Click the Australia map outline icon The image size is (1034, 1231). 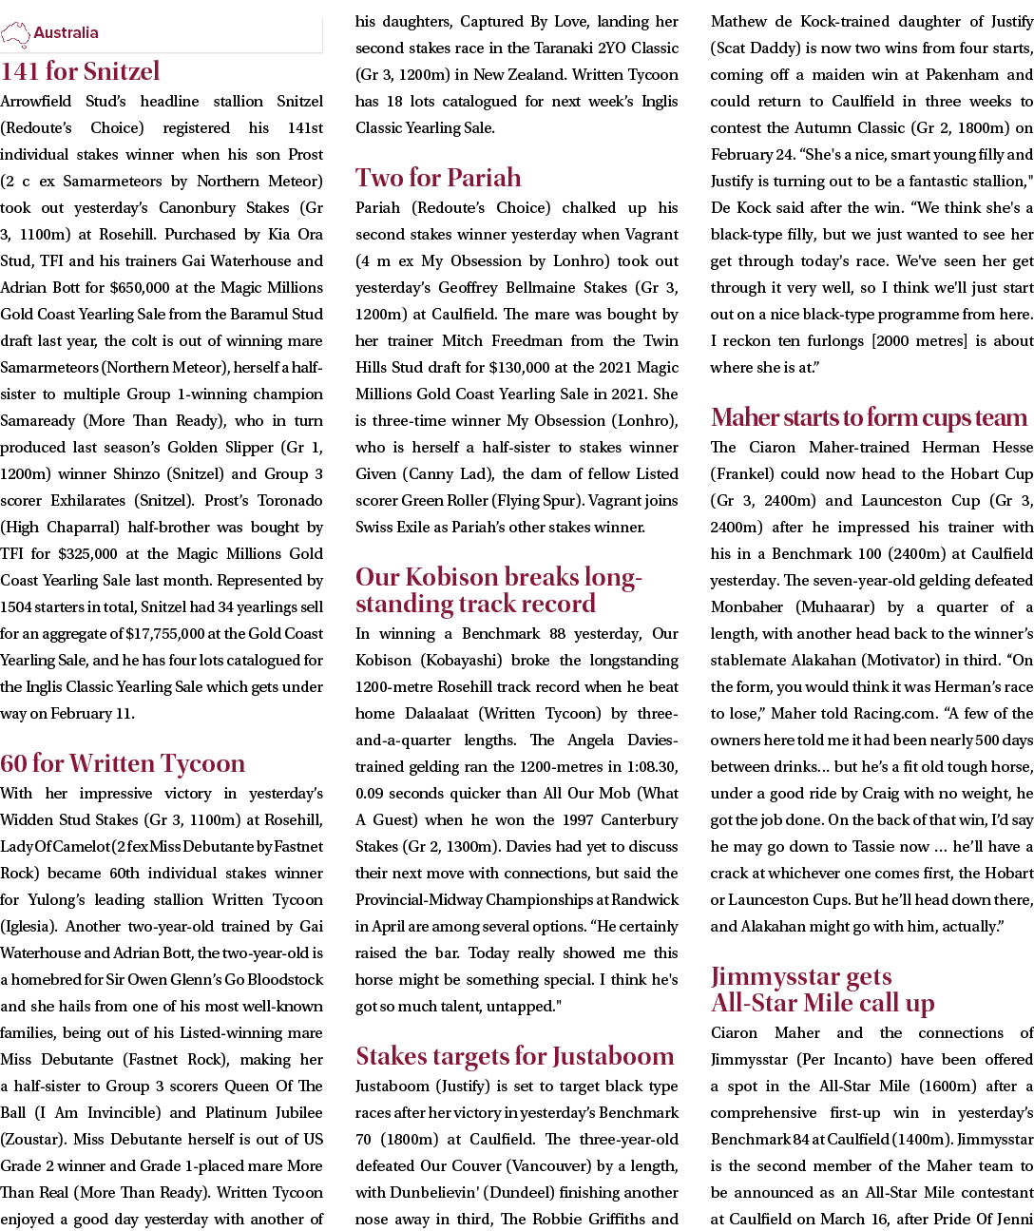[x=16, y=35]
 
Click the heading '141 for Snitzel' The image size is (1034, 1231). [x=81, y=71]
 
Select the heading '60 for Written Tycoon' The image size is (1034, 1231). [x=123, y=763]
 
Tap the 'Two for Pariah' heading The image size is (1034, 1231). [x=438, y=178]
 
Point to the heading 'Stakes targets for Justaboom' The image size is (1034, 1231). [x=514, y=1056]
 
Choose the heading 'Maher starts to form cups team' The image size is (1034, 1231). [x=869, y=417]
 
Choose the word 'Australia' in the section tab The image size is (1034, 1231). [x=66, y=33]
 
